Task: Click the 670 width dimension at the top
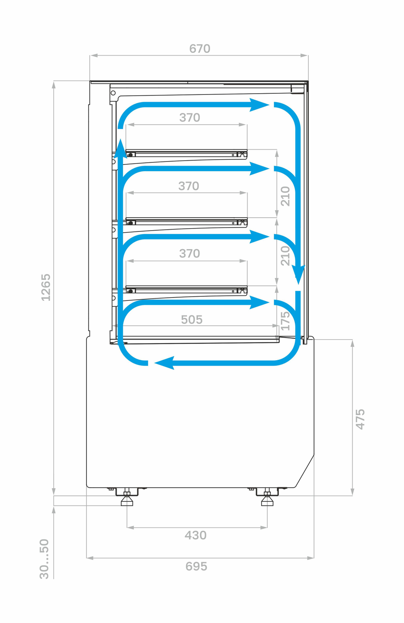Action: tap(200, 49)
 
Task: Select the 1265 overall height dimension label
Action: tap(46, 287)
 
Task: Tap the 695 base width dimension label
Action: tap(196, 566)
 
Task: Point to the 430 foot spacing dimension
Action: tap(196, 535)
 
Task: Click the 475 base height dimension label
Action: tap(360, 419)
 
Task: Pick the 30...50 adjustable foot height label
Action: tap(44, 559)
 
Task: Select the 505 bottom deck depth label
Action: tap(191, 320)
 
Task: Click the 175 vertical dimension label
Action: tap(285, 321)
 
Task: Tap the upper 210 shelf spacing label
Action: tap(285, 196)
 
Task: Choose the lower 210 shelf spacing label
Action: tap(285, 256)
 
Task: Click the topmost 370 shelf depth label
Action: tap(189, 117)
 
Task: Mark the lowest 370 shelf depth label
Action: tap(189, 254)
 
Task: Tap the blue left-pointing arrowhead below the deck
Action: tap(165, 363)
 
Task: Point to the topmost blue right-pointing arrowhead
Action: tap(259, 105)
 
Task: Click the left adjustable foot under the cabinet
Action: tap(127, 499)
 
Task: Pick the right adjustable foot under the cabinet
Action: tap(267, 499)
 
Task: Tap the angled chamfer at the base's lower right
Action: tap(305, 471)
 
